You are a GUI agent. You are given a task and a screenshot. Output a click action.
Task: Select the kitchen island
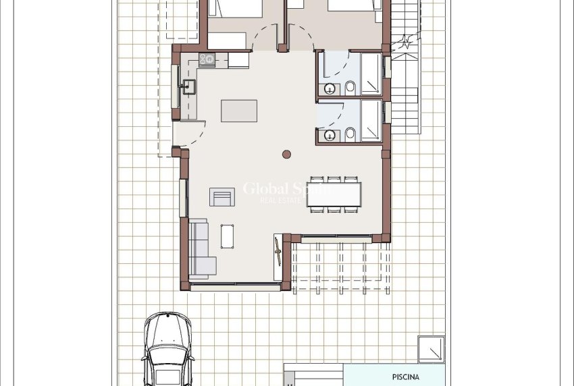click(239, 111)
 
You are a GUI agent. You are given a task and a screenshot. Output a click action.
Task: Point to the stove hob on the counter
click(207, 59)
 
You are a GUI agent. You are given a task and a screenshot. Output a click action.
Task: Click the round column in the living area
click(286, 153)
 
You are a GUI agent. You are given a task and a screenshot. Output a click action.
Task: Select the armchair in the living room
click(221, 196)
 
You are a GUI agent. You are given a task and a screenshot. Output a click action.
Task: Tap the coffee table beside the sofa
click(228, 235)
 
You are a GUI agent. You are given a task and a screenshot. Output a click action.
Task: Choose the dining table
click(334, 194)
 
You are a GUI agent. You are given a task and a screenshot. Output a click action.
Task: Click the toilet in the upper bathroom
click(350, 88)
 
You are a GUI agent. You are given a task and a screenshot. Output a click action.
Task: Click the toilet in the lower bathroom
click(350, 134)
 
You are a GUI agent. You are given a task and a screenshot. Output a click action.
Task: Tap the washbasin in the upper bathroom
click(330, 88)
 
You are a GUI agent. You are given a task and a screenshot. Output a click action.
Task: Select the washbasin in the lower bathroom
click(330, 135)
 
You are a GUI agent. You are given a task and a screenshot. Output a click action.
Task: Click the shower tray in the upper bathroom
click(371, 74)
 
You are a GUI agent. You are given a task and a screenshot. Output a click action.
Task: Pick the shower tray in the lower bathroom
click(371, 121)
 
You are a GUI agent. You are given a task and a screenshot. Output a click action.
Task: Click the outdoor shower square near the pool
click(430, 349)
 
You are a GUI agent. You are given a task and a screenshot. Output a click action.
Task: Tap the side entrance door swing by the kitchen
click(191, 134)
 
